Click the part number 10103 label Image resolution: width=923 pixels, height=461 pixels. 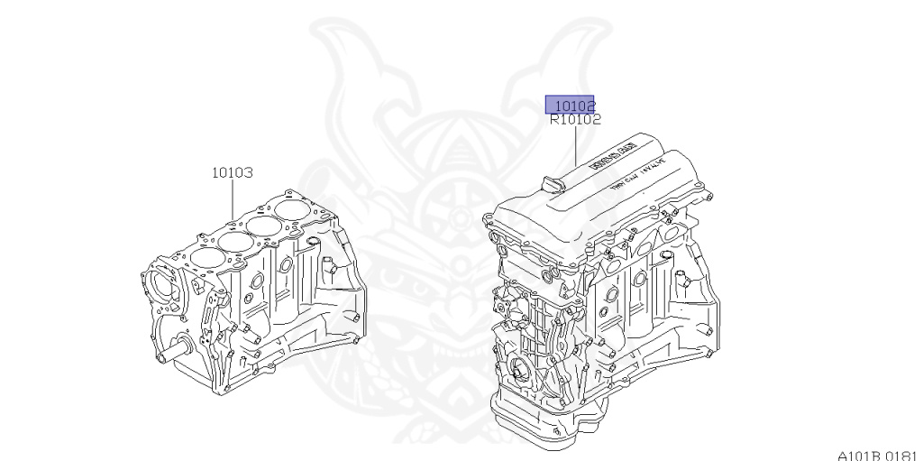click(232, 171)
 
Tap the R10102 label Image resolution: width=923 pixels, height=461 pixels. click(575, 119)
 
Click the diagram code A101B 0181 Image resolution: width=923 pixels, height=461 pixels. click(875, 454)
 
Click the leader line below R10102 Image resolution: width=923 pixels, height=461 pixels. click(575, 144)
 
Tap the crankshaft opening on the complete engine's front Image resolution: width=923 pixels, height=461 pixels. click(520, 371)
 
